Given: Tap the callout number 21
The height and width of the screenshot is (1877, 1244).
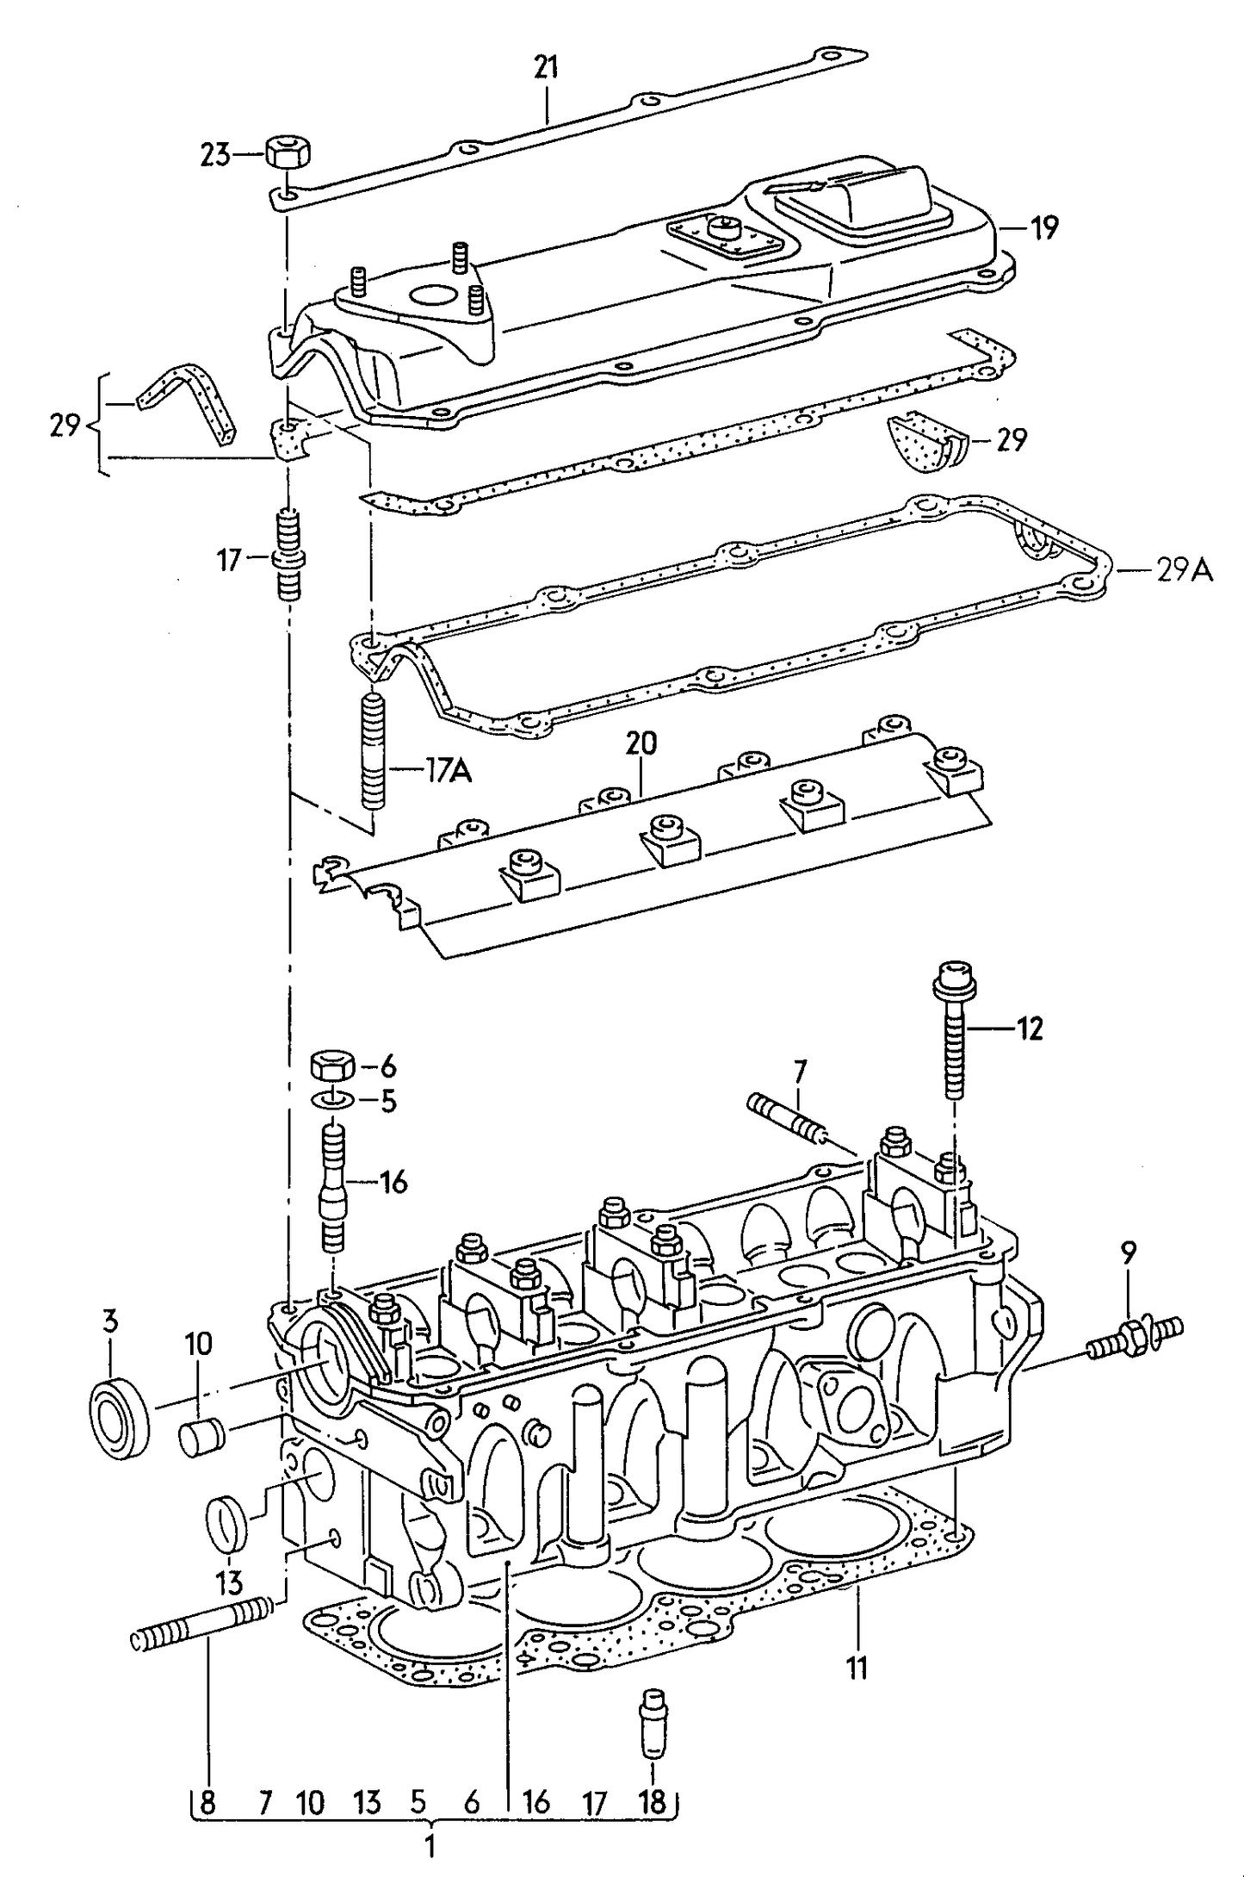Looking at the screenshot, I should click(546, 67).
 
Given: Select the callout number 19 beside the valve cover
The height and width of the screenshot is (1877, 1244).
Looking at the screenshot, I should click(1043, 228).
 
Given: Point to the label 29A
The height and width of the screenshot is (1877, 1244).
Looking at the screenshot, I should click(1184, 569).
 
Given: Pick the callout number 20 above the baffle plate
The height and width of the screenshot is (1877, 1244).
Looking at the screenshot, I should click(641, 743).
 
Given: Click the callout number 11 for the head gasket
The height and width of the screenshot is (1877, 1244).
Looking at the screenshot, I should click(856, 1669).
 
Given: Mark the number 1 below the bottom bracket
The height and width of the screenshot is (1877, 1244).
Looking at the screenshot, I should click(430, 1845).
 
